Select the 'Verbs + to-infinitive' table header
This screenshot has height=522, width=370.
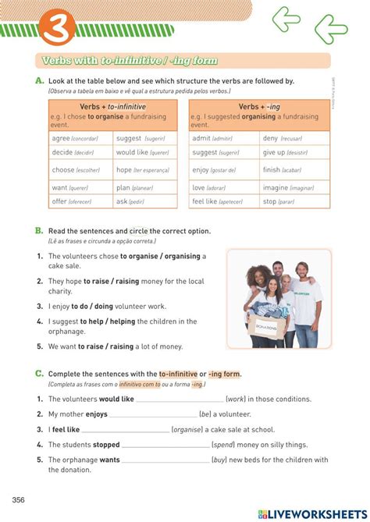tap(112, 107)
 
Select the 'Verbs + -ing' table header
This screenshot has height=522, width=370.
tap(259, 107)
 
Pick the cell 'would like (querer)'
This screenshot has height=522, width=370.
tap(142, 153)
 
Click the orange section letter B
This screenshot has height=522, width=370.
tap(38, 231)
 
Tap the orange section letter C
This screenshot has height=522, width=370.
tap(38, 374)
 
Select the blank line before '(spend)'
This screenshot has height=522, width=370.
tap(165, 446)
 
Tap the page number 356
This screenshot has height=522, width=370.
tap(20, 499)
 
